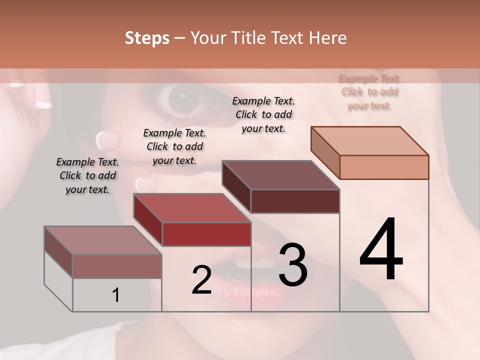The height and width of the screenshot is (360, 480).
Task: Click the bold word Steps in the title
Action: click(147, 38)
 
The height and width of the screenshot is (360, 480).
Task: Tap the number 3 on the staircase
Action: click(292, 264)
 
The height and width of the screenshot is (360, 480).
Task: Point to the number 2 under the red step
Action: click(201, 279)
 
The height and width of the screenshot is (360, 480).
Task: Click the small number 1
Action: click(115, 295)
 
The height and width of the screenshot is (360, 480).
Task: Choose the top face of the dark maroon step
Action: click(281, 175)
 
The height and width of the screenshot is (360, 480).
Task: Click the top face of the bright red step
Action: click(192, 208)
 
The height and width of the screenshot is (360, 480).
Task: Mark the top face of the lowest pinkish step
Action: click(103, 240)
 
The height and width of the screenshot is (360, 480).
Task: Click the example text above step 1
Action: click(87, 175)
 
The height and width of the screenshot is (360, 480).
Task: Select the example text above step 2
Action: click(174, 146)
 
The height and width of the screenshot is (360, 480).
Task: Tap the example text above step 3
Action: click(263, 114)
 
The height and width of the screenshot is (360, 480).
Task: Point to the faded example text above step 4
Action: click(369, 92)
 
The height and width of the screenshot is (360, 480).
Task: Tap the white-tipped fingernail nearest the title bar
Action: click(43, 104)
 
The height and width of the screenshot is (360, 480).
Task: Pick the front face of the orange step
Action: click(384, 167)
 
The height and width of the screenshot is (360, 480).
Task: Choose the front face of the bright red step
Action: click(206, 234)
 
